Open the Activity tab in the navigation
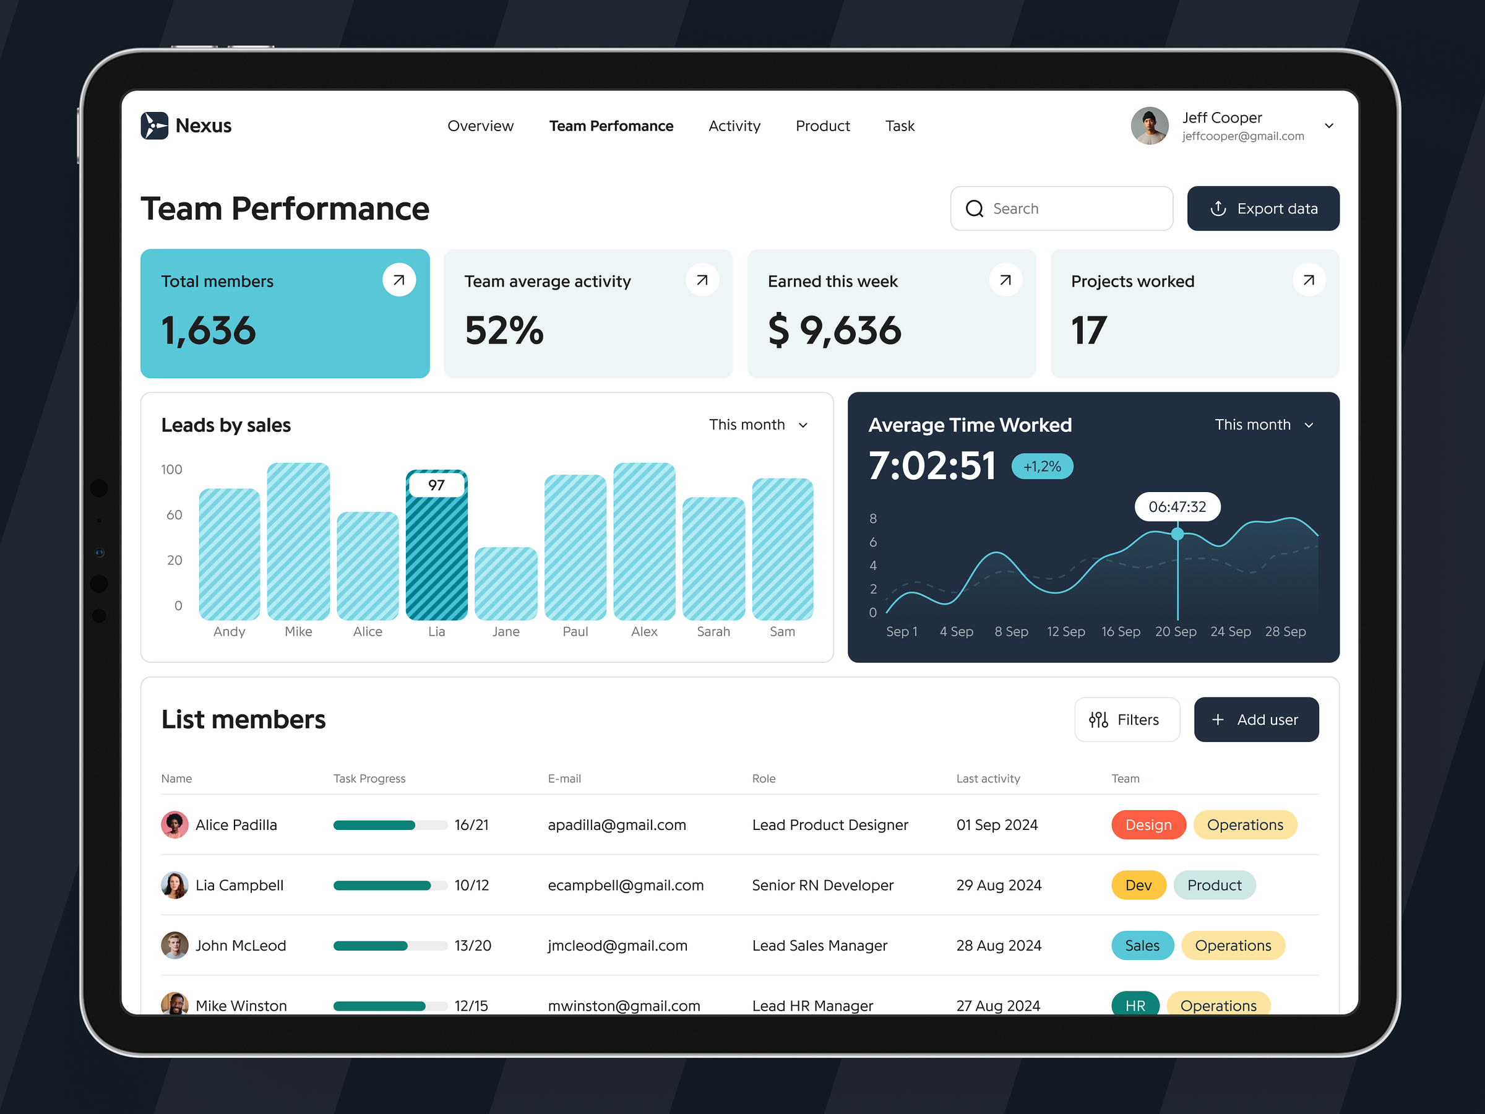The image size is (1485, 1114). tap(734, 126)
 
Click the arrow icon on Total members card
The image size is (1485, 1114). tap(398, 280)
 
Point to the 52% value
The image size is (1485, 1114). tap(504, 330)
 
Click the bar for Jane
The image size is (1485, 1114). tap(506, 584)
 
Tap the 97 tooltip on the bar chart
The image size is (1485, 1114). tap(436, 485)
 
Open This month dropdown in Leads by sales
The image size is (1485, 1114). tap(758, 425)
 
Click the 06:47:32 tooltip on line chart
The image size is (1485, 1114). tap(1177, 507)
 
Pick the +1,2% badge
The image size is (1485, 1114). tap(1041, 467)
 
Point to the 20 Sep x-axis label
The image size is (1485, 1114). tap(1175, 632)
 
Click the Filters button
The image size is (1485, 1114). tap(1126, 720)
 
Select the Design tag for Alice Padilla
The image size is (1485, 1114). tap(1147, 825)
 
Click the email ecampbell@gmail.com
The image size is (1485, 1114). tap(625, 886)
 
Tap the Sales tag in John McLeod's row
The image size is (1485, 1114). tap(1141, 946)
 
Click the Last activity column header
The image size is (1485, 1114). tap(988, 779)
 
